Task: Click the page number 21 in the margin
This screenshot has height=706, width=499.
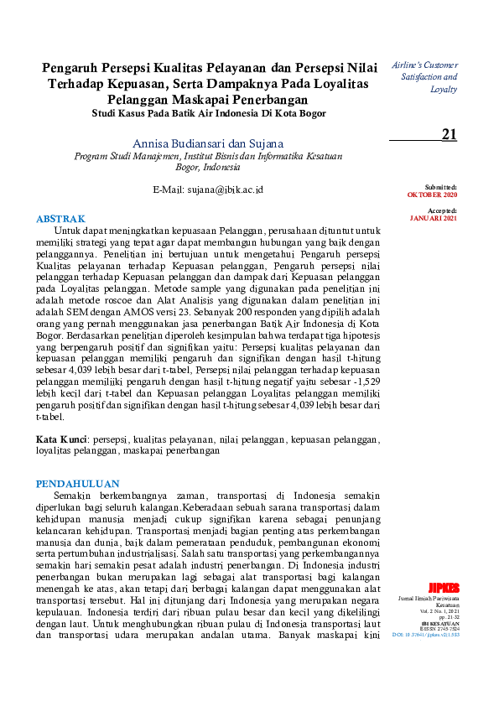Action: (449, 134)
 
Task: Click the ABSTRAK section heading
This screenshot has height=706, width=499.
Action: (60, 218)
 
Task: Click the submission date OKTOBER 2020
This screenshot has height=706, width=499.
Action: (432, 194)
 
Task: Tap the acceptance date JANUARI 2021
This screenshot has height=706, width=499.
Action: (434, 218)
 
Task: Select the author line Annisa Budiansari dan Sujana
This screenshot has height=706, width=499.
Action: (208, 143)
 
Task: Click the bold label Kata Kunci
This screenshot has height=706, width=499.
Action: (62, 439)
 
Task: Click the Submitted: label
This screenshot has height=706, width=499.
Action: (441, 187)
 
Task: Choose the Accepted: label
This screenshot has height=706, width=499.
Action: (442, 211)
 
